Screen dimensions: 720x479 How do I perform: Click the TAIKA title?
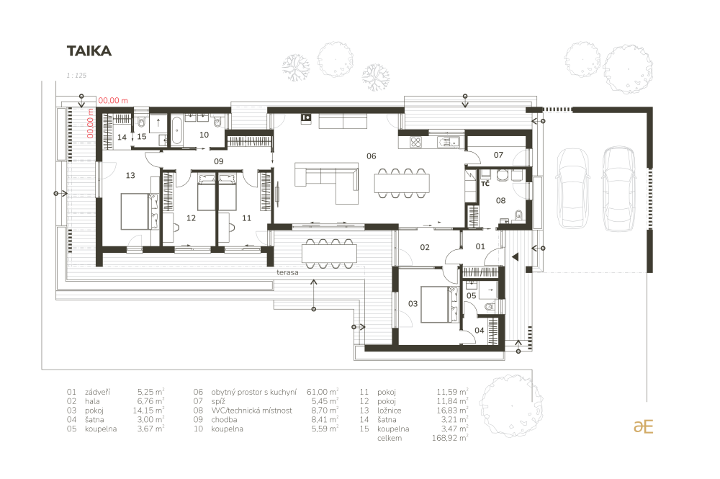click(x=89, y=51)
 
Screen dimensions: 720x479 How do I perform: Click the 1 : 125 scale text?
click(x=76, y=76)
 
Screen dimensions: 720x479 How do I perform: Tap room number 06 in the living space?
click(x=371, y=156)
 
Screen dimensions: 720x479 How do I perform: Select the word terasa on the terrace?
click(x=287, y=272)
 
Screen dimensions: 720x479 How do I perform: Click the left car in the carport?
click(x=572, y=188)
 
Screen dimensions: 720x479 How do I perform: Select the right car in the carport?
click(x=618, y=188)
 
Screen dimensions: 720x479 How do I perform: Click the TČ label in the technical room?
click(x=485, y=184)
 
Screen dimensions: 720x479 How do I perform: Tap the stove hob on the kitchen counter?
click(x=415, y=143)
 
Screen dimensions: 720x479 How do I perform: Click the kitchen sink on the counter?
click(x=449, y=143)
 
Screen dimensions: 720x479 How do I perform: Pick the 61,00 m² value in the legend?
click(x=323, y=392)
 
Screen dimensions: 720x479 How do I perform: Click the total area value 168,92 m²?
click(x=449, y=438)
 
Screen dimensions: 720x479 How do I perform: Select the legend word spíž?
click(x=218, y=401)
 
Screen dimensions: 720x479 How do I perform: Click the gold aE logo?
click(x=643, y=426)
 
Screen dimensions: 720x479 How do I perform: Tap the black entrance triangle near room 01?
click(x=516, y=257)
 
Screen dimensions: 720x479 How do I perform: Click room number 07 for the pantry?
click(x=498, y=156)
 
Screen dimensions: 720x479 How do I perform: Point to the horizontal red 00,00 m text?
click(x=113, y=101)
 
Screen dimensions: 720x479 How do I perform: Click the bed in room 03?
click(x=440, y=304)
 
